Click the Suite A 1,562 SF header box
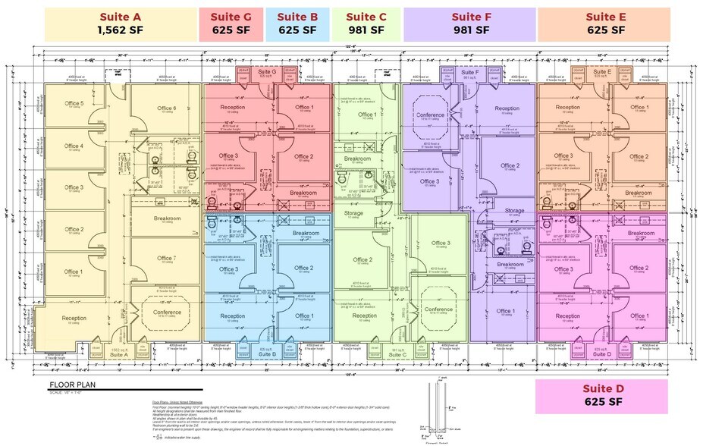[120, 24]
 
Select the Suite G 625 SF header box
[231, 24]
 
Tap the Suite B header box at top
[297, 24]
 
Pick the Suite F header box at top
[470, 24]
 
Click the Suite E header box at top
[605, 24]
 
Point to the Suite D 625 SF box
[601, 397]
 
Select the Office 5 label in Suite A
[74, 103]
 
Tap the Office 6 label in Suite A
[166, 108]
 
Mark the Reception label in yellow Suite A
[74, 319]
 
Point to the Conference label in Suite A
[167, 312]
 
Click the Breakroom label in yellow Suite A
[166, 218]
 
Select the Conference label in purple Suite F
[431, 115]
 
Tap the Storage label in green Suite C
[353, 213]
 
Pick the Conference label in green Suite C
[438, 309]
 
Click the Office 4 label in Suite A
[74, 146]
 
